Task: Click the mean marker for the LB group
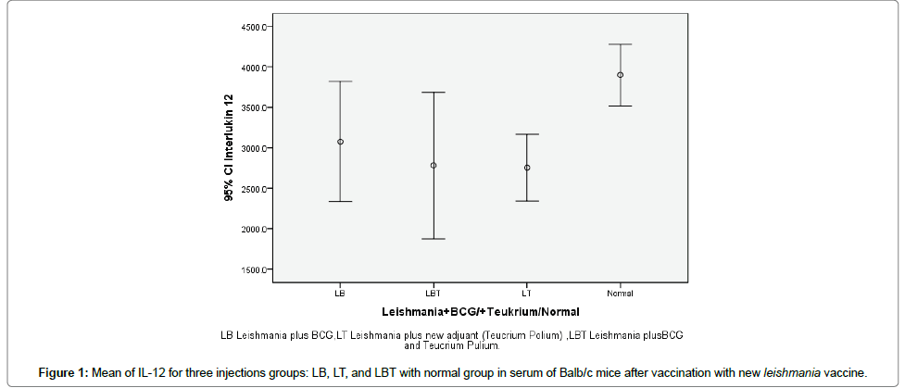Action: pyautogui.click(x=340, y=142)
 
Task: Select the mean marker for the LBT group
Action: pyautogui.click(x=434, y=166)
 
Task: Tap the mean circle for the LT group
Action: pyautogui.click(x=527, y=168)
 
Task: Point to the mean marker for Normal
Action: pyautogui.click(x=620, y=75)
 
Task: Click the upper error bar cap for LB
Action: pyautogui.click(x=340, y=81)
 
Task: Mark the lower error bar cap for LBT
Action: pyautogui.click(x=434, y=239)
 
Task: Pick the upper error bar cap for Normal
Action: pyautogui.click(x=620, y=44)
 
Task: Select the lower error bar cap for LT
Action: pyautogui.click(x=527, y=201)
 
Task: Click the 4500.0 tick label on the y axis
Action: pyautogui.click(x=253, y=27)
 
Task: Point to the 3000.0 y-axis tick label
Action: pyautogui.click(x=253, y=148)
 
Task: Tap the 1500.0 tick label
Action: pyautogui.click(x=253, y=269)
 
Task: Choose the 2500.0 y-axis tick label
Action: pyautogui.click(x=253, y=189)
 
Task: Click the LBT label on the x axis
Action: pyautogui.click(x=434, y=293)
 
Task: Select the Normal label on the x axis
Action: pyautogui.click(x=620, y=293)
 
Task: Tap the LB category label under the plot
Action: pyautogui.click(x=340, y=293)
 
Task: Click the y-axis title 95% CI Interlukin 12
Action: pyautogui.click(x=228, y=148)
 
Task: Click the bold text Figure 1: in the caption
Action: pyautogui.click(x=62, y=373)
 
